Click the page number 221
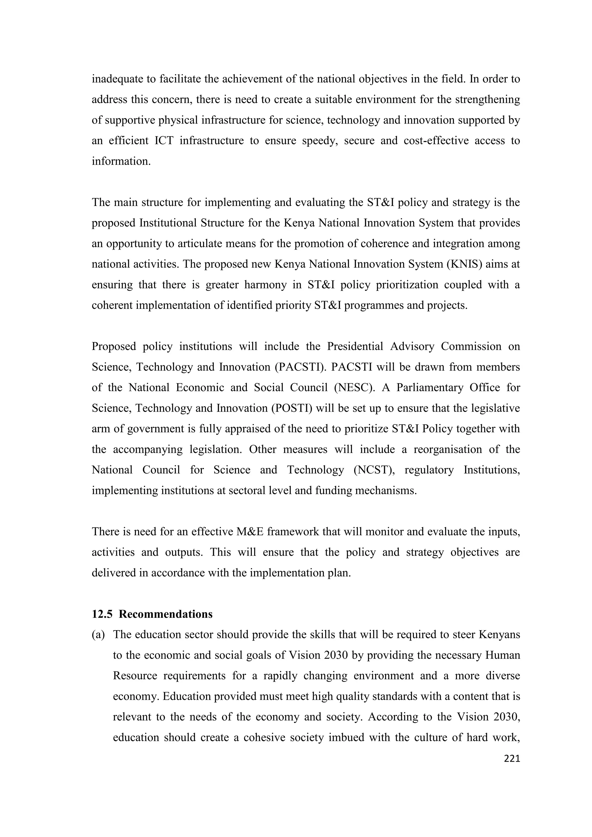(x=511, y=759)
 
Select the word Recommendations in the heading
(x=166, y=614)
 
